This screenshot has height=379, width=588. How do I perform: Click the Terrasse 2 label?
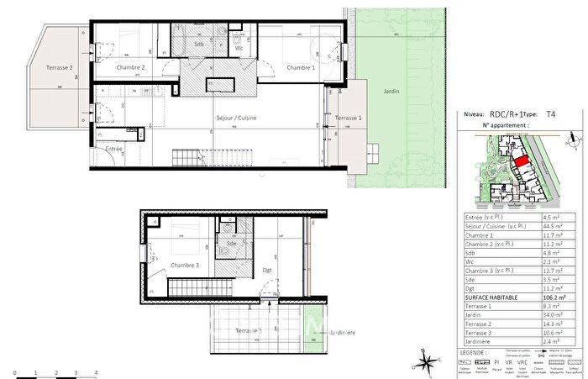(x=46, y=66)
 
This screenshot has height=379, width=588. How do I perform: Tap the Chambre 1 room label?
(x=301, y=67)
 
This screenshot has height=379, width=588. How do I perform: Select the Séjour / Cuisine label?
(x=237, y=118)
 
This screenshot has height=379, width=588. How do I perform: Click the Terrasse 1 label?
(x=348, y=119)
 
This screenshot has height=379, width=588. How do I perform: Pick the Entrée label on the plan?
(x=113, y=149)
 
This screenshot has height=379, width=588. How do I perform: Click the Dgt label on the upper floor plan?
(x=266, y=271)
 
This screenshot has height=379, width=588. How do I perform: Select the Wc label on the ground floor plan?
(x=239, y=48)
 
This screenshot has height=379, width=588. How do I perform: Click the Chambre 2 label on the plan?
(x=131, y=67)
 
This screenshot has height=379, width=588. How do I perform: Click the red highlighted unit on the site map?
(x=521, y=161)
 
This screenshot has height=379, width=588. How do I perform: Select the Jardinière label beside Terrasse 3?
(x=343, y=333)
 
